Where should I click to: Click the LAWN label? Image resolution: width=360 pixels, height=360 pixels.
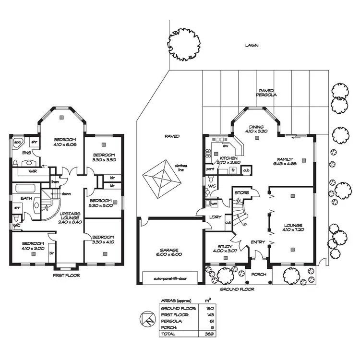click(x=252, y=46)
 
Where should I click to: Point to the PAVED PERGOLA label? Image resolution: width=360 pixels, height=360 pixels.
click(x=266, y=93)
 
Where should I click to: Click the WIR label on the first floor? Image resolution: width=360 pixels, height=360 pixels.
click(x=33, y=171)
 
